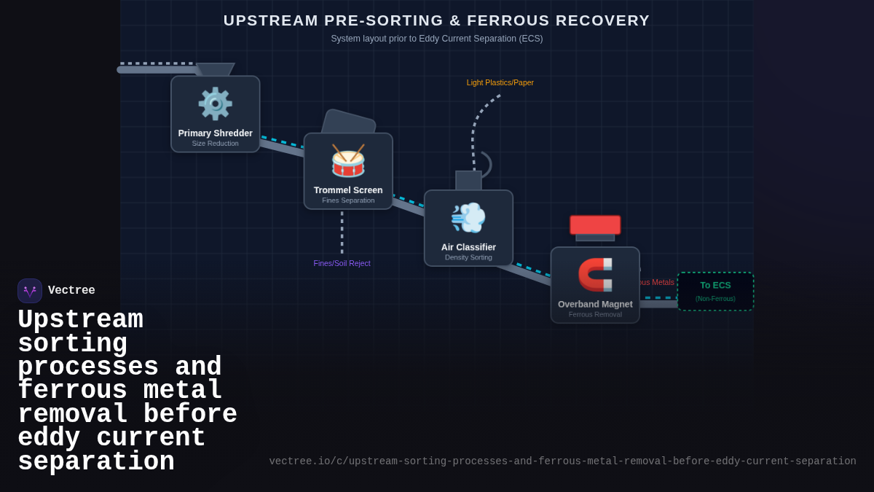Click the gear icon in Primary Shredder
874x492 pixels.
pos(215,104)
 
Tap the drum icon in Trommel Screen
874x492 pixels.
pos(348,160)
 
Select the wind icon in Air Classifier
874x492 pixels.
pos(468,217)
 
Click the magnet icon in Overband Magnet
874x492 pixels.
pos(595,274)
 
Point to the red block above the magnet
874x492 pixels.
pos(595,224)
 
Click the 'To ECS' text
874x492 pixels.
pos(715,285)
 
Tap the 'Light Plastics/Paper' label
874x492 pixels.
pos(500,82)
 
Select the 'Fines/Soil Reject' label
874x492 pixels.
pos(342,263)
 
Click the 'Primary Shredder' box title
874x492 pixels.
pos(215,133)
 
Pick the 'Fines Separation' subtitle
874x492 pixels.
pos(348,200)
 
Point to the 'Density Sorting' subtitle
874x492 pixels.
pos(468,257)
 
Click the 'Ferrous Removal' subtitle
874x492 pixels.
pos(595,314)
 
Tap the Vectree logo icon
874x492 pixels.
pos(30,291)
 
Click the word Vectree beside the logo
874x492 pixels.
pos(71,291)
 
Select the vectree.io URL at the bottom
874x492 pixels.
pos(562,461)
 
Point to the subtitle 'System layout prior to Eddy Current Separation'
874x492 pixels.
pos(436,39)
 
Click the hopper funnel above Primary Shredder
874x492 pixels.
pos(216,69)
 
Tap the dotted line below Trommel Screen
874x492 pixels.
pos(342,233)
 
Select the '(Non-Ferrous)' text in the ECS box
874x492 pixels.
pos(715,299)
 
